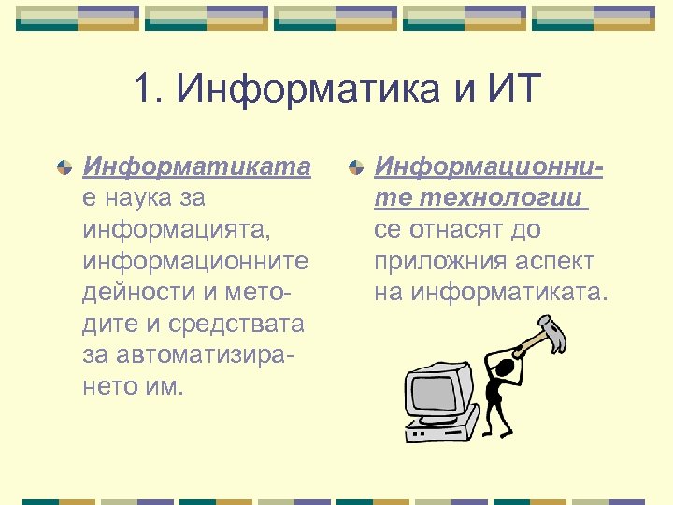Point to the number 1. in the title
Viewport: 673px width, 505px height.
[x=150, y=92]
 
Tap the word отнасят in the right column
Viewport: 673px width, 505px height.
[x=451, y=230]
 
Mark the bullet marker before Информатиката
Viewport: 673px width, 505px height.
[x=63, y=168]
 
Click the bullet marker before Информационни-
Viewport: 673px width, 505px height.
[x=354, y=168]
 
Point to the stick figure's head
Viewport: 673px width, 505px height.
[x=506, y=372]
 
